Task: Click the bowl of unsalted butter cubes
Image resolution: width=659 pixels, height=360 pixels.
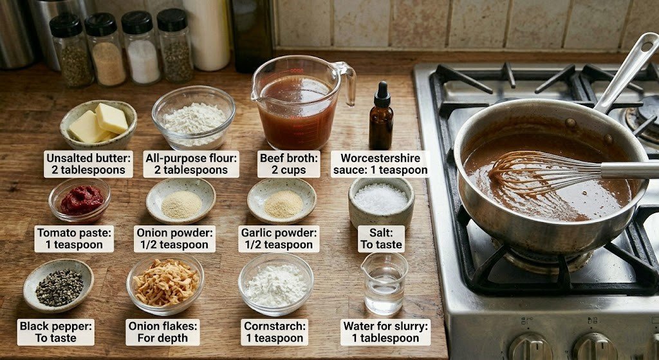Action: (x=98, y=125)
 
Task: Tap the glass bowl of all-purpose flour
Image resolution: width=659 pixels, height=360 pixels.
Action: (x=193, y=117)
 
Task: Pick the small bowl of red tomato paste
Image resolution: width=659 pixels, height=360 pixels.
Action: (x=80, y=200)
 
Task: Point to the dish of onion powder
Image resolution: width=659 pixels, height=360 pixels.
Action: (x=181, y=200)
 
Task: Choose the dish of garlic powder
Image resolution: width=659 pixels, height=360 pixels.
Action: (x=282, y=200)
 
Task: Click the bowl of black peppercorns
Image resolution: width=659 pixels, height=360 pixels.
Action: (x=59, y=285)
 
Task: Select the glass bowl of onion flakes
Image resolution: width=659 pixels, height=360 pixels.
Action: (x=165, y=285)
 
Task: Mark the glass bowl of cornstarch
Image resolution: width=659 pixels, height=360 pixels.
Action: (x=275, y=285)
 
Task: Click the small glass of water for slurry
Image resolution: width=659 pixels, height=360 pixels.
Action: (x=384, y=283)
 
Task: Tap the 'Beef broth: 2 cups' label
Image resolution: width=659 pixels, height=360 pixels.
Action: (x=289, y=164)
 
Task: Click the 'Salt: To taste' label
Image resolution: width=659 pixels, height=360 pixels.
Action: (x=381, y=239)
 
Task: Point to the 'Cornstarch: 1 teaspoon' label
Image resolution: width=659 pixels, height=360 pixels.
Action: (x=274, y=332)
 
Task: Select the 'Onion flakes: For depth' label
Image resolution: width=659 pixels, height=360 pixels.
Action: (x=163, y=332)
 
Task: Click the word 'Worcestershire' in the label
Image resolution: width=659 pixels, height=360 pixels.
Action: (x=380, y=158)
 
